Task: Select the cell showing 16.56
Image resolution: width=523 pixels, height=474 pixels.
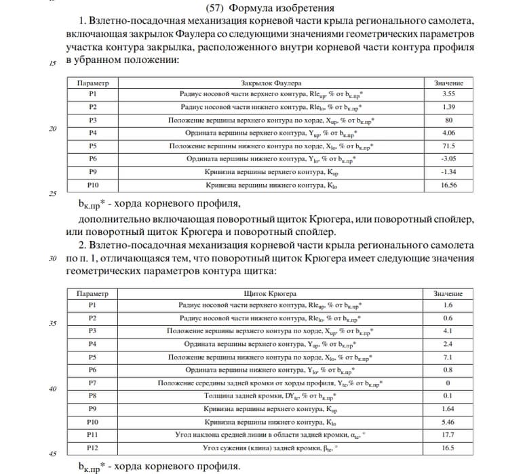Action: [x=448, y=184]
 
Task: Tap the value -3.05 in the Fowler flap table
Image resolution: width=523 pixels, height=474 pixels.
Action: [x=448, y=158]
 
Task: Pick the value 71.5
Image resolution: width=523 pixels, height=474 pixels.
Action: [x=448, y=146]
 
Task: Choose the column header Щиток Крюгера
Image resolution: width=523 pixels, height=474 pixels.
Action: [x=267, y=294]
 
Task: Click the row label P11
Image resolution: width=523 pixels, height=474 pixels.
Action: [x=93, y=435]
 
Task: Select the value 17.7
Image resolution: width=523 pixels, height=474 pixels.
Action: [x=448, y=435]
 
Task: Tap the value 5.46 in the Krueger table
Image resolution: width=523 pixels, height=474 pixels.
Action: [x=448, y=422]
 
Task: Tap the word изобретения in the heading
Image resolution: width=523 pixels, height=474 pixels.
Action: [x=305, y=8]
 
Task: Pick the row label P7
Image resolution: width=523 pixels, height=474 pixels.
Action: [x=93, y=383]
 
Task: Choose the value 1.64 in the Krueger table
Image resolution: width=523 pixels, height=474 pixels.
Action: [x=448, y=409]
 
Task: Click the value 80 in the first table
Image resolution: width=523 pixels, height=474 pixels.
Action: [x=448, y=120]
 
